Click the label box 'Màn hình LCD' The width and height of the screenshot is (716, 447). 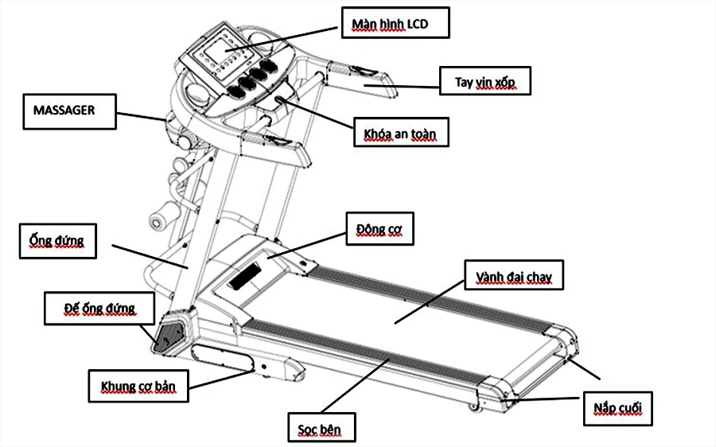point(396,23)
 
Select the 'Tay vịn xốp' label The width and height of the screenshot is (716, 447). point(484,80)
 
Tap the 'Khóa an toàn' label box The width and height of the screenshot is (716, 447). point(401,133)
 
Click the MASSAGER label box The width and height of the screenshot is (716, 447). point(69,111)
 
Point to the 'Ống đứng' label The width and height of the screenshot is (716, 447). point(56,240)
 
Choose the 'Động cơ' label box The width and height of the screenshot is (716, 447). point(379,230)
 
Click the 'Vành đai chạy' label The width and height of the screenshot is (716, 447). point(514,278)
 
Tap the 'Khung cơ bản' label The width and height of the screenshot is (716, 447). point(138,387)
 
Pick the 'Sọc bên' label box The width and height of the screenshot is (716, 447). point(321,429)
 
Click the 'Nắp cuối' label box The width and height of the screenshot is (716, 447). point(617,410)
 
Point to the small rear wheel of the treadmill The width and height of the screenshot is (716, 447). point(475,407)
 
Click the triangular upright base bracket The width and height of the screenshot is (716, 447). point(168,329)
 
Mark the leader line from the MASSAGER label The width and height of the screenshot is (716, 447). point(143,117)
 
